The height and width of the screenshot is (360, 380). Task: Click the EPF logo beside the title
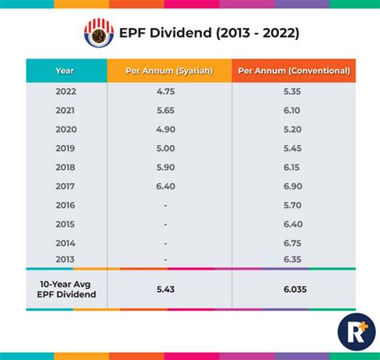pyautogui.click(x=99, y=34)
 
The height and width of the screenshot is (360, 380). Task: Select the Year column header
pyautogui.click(x=65, y=71)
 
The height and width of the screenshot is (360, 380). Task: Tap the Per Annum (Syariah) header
pyautogui.click(x=168, y=71)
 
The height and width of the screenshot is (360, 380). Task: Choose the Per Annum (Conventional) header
pyautogui.click(x=293, y=71)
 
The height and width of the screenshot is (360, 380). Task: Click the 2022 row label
pyautogui.click(x=65, y=92)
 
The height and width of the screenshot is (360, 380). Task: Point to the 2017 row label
pyautogui.click(x=65, y=186)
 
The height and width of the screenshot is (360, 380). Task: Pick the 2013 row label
pyautogui.click(x=65, y=259)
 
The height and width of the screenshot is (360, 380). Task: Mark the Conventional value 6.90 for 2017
pyautogui.click(x=293, y=186)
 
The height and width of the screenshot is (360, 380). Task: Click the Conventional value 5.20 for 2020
pyautogui.click(x=293, y=130)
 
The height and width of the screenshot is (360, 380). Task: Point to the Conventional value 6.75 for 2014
pyautogui.click(x=293, y=242)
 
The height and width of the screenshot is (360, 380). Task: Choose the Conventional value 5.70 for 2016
pyautogui.click(x=293, y=205)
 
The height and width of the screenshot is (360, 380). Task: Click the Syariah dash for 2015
pyautogui.click(x=166, y=224)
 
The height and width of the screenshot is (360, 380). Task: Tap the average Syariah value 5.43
pyautogui.click(x=168, y=289)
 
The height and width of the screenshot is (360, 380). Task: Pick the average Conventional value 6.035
pyautogui.click(x=293, y=289)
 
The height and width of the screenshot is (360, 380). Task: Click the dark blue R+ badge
pyautogui.click(x=356, y=330)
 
